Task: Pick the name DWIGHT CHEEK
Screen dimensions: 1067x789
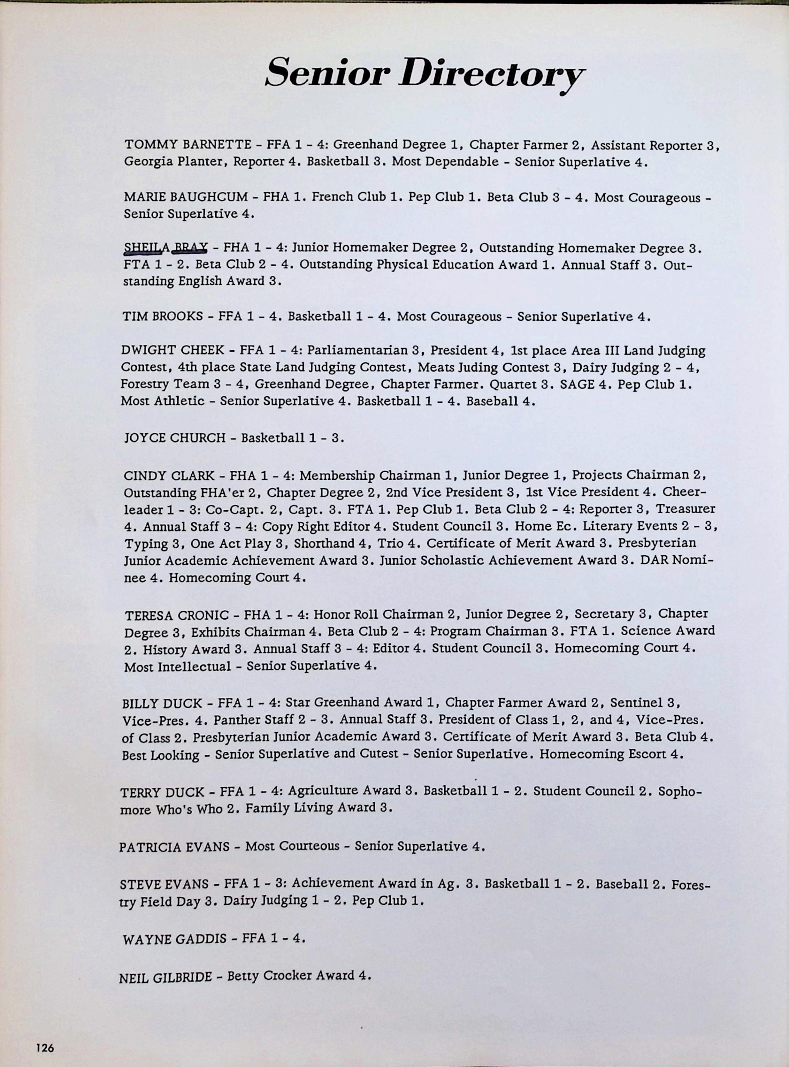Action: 172,350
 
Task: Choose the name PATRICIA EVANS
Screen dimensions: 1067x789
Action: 174,847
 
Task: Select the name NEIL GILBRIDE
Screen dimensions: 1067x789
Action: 165,977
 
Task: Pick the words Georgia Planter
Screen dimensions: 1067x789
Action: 175,162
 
